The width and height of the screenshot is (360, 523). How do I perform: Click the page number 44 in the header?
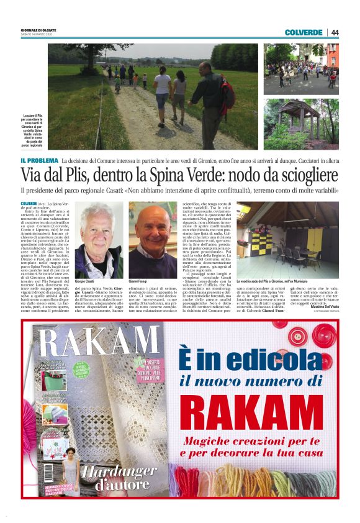tap(335, 32)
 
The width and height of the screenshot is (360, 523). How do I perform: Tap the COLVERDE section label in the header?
tap(304, 32)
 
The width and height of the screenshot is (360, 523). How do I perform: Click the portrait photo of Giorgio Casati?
tap(99, 240)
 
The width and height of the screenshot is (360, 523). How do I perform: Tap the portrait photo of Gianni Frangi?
tap(153, 240)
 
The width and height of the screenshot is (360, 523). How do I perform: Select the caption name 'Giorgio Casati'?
tap(84, 281)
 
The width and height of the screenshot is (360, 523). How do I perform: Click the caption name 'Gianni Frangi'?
tap(138, 281)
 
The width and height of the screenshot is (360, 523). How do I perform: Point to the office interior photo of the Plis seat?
tap(287, 239)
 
